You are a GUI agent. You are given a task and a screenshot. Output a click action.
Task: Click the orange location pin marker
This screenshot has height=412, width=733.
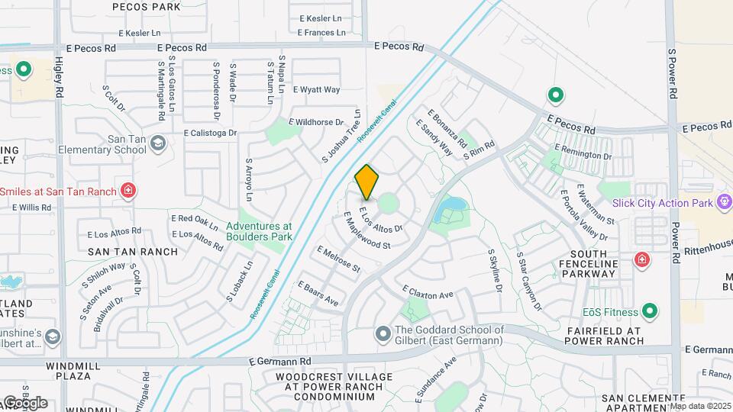(x=366, y=182)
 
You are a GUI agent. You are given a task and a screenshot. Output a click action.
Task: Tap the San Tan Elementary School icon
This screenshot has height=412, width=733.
(x=157, y=143)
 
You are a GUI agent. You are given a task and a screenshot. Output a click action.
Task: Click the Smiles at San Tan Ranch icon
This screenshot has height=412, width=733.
(x=128, y=191)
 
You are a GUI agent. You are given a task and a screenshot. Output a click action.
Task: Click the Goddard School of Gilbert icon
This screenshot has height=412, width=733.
(x=383, y=334)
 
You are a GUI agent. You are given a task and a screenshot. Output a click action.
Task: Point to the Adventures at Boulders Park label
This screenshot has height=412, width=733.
(x=259, y=231)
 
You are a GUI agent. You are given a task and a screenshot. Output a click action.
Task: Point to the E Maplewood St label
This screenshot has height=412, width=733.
(x=367, y=231)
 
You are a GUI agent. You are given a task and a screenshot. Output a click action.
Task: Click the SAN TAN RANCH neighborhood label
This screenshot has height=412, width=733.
(x=133, y=251)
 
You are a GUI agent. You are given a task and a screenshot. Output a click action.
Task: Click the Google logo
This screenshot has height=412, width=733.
(x=24, y=402)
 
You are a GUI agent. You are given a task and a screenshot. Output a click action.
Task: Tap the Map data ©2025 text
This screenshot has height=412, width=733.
(x=700, y=406)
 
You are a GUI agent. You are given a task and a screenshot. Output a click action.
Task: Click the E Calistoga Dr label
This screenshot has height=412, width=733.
(x=211, y=132)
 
